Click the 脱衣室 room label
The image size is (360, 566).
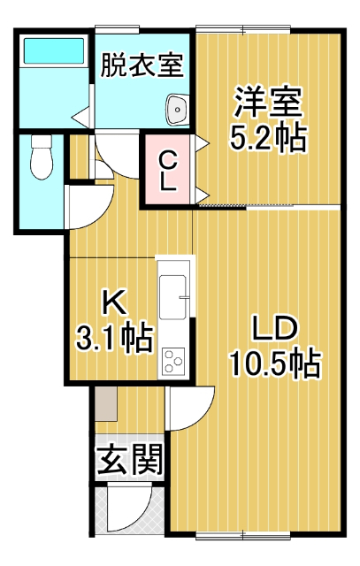[142, 65]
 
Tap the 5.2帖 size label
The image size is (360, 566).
[268, 137]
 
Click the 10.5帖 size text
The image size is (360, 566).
[273, 363]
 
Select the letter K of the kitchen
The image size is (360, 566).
[112, 303]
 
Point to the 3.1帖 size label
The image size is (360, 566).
[111, 338]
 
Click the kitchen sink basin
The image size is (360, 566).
[173, 291]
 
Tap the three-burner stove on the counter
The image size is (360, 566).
[172, 361]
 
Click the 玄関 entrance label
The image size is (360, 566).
[129, 459]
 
